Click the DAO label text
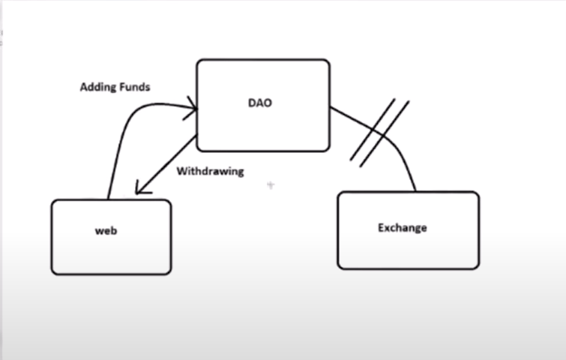[259, 103]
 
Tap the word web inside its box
[106, 231]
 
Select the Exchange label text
[402, 227]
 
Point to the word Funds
[136, 87]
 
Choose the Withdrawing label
[210, 171]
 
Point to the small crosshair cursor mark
[270, 184]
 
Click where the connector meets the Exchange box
[415, 192]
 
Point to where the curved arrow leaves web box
[109, 199]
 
